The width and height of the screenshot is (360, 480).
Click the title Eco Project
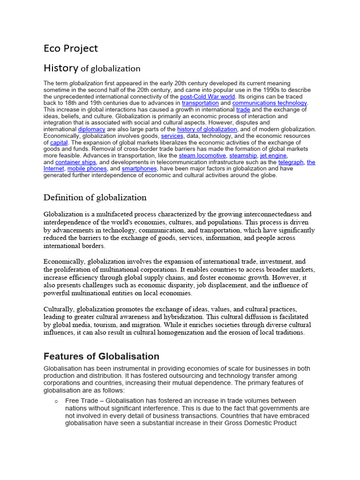[71, 48]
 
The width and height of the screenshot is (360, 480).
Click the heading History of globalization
[92, 68]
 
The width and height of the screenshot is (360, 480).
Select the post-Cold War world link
[207, 97]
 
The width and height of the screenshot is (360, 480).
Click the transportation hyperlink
[200, 103]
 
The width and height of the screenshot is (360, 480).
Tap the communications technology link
[270, 103]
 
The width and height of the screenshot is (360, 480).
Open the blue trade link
[243, 110]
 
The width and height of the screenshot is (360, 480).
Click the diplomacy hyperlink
[91, 129]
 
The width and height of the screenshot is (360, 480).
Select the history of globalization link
[207, 129]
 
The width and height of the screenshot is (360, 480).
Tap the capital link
[59, 142]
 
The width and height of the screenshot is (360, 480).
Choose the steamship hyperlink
[243, 156]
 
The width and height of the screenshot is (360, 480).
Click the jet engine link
[273, 156]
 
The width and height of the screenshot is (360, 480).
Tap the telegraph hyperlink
[291, 162]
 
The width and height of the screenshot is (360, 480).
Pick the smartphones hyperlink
[139, 169]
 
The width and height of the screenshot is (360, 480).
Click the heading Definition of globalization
[95, 197]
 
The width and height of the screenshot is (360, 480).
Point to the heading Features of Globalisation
[101, 356]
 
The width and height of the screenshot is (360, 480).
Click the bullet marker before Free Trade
[56, 402]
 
